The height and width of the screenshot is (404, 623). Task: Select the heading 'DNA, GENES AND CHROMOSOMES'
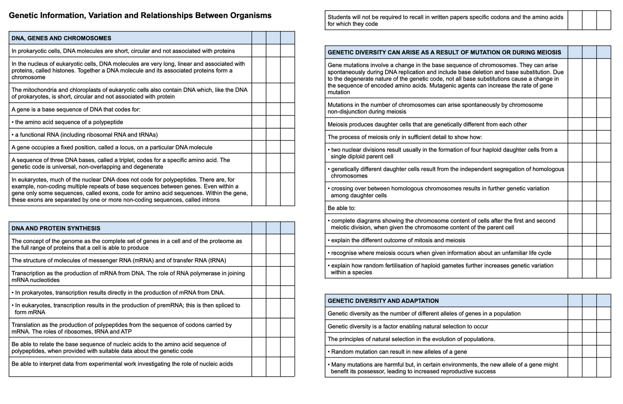[x=61, y=38]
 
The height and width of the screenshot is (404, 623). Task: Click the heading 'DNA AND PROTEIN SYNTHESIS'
[x=56, y=228]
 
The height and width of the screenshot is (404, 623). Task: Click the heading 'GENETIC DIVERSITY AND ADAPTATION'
[x=383, y=301]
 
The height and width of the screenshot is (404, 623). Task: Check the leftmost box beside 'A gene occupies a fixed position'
[x=259, y=147]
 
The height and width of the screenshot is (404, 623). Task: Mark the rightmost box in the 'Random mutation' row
[x=604, y=352]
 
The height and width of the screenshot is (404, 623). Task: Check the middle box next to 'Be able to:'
[x=589, y=208]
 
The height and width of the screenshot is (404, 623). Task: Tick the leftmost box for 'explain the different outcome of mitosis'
[x=575, y=240]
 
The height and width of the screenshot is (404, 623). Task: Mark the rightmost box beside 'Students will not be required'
[x=604, y=20]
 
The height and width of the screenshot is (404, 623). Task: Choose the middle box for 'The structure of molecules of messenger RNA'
[x=273, y=260]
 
